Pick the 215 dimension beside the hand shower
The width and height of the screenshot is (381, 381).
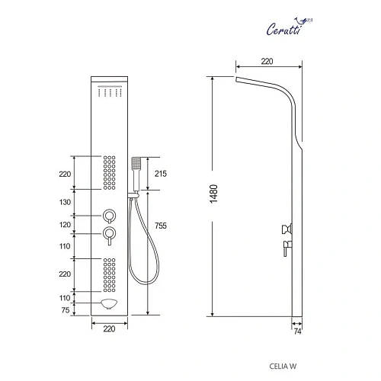click(x=160, y=174)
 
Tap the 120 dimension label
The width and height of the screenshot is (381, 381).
click(x=65, y=225)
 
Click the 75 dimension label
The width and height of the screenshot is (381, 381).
click(x=66, y=309)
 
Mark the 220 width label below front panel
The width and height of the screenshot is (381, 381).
click(x=108, y=329)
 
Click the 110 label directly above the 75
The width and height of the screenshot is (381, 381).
click(x=65, y=298)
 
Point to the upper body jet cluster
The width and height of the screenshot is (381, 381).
click(x=109, y=174)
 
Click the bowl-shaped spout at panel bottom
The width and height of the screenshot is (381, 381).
click(x=109, y=306)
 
